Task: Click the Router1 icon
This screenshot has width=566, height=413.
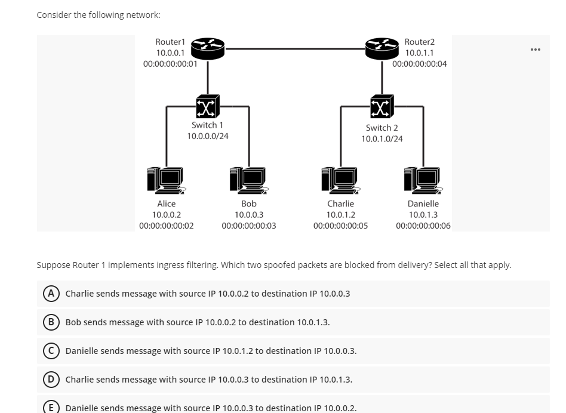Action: (208, 48)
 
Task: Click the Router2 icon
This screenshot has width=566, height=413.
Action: (382, 48)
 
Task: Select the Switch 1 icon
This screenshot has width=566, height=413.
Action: (207, 107)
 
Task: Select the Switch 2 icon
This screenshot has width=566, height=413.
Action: (382, 106)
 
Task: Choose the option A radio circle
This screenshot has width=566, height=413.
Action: (52, 294)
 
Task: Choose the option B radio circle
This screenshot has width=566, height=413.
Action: (52, 322)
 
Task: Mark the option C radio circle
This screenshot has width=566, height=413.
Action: (52, 351)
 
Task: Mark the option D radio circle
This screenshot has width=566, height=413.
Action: (52, 380)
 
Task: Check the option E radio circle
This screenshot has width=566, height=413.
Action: (52, 408)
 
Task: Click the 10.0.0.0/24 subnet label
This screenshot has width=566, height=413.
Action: (208, 136)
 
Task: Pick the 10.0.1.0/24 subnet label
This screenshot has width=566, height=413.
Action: (382, 139)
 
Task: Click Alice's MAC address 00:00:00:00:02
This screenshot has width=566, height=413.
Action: (166, 226)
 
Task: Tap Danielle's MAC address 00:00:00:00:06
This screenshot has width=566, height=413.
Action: (423, 226)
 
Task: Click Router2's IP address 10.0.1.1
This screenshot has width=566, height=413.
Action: (419, 53)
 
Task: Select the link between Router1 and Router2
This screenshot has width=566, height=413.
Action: (295, 48)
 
